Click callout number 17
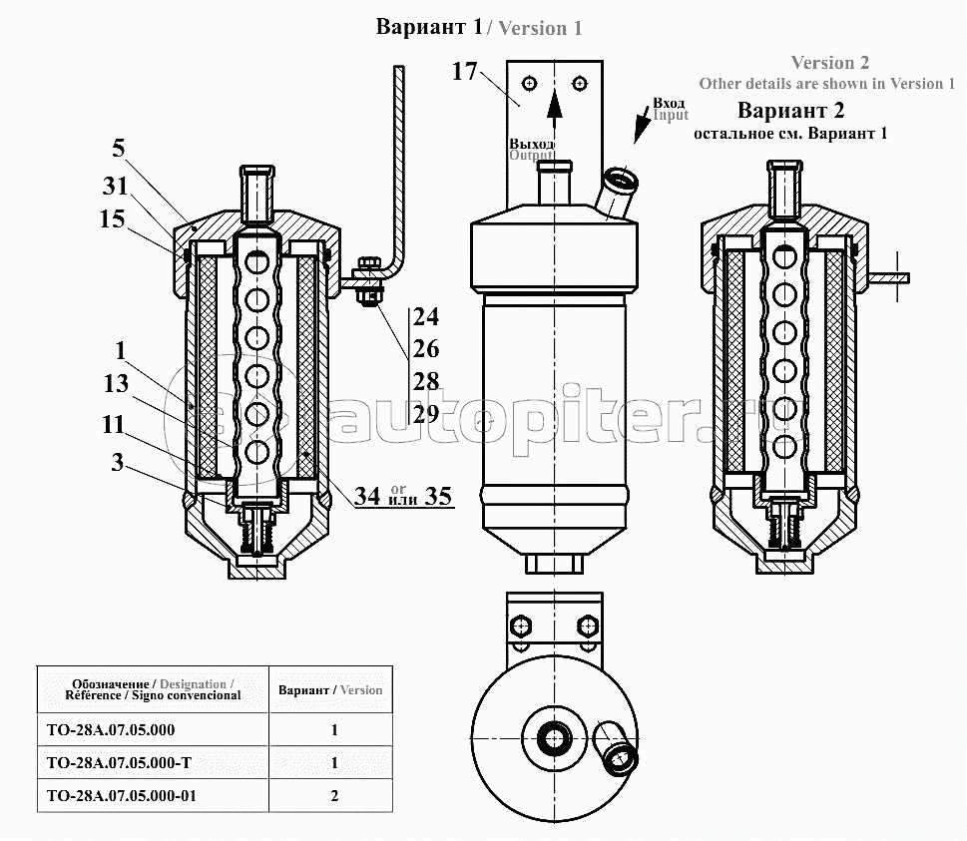click(464, 72)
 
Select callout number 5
click(119, 148)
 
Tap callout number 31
click(115, 186)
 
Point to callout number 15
click(112, 218)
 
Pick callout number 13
click(116, 383)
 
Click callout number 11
click(114, 425)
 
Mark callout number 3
click(117, 463)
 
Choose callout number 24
click(425, 317)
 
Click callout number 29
click(425, 414)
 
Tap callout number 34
click(367, 496)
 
